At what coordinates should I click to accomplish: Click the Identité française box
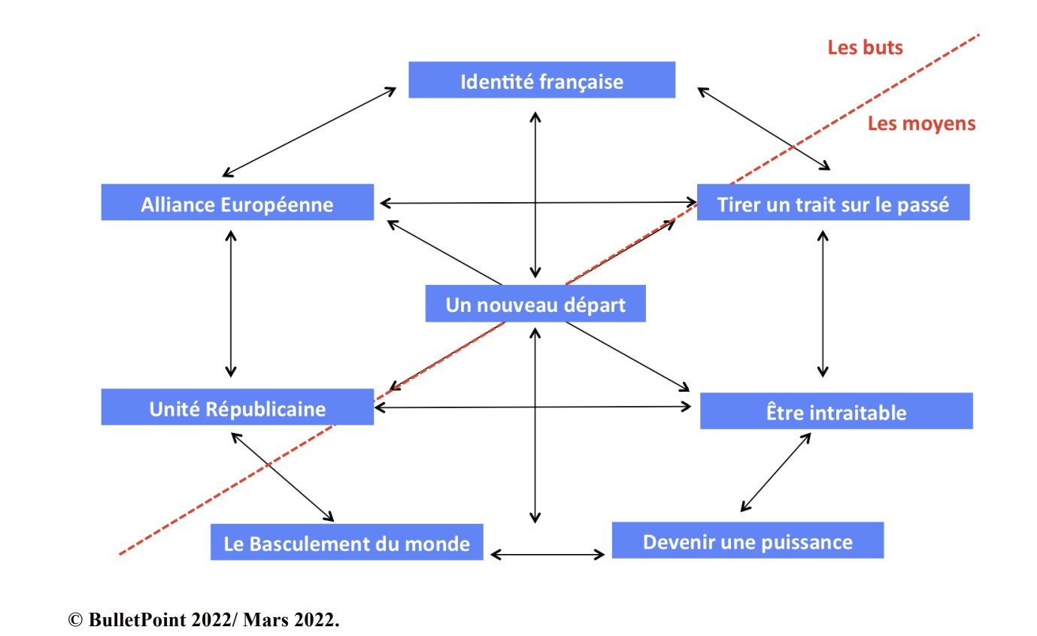coord(541,80)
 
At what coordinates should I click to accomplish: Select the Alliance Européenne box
coord(238,202)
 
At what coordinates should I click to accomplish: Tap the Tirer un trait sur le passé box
coord(833,202)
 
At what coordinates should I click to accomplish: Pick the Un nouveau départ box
coord(535,304)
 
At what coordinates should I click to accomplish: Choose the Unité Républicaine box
coord(238,407)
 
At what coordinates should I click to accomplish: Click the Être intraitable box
coord(836,411)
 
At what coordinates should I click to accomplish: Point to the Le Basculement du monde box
coord(347,542)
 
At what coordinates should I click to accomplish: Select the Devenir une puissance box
coord(747,541)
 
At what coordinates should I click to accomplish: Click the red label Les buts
coord(866,47)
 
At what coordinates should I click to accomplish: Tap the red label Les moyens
coord(921,123)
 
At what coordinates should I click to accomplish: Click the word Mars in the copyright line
coord(265,619)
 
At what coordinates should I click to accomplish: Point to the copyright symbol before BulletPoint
coord(75,619)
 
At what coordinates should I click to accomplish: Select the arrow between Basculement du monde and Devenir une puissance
coord(547,554)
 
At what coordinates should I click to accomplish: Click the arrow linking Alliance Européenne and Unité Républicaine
coord(231,304)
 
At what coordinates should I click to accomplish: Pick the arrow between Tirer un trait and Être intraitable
coord(823,304)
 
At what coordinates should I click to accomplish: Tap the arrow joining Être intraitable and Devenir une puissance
coord(776,471)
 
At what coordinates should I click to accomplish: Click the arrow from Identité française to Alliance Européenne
coord(309,132)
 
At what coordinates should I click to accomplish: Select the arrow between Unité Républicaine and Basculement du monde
coord(283,477)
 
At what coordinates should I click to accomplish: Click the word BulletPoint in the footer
coord(138,619)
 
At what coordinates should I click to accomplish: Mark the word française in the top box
coord(582,82)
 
